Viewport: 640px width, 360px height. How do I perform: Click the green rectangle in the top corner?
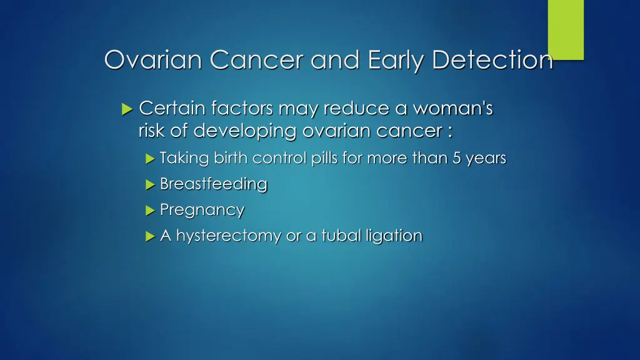[566, 29]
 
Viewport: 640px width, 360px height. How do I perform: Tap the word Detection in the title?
[492, 60]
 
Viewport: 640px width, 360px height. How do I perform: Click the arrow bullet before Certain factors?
[127, 110]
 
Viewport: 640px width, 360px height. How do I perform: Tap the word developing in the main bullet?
[246, 131]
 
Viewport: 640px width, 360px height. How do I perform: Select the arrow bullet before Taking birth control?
[149, 159]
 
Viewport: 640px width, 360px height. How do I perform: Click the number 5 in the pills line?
[457, 159]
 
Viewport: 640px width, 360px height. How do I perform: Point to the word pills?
[326, 159]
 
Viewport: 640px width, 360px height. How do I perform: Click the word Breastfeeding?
[213, 184]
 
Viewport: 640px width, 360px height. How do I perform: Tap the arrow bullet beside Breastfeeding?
[149, 185]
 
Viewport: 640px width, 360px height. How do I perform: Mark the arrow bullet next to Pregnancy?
[149, 211]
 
